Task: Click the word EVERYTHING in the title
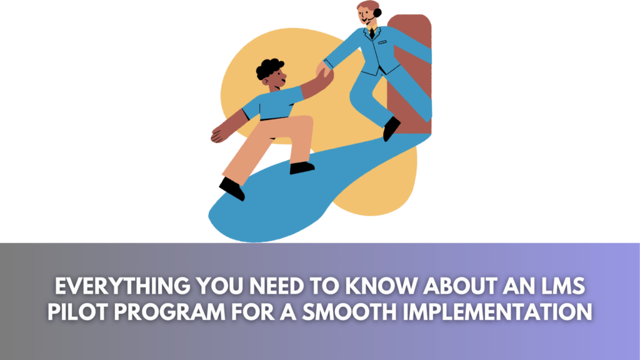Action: pyautogui.click(x=122, y=286)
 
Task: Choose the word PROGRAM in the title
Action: pyautogui.click(x=170, y=312)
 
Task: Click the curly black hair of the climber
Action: pyautogui.click(x=269, y=69)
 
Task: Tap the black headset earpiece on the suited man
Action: pyautogui.click(x=377, y=12)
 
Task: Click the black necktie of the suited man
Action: pyautogui.click(x=372, y=33)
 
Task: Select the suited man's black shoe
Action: pyautogui.click(x=391, y=128)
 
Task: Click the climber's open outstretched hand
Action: pyautogui.click(x=221, y=134)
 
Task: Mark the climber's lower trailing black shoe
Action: pyautogui.click(x=232, y=189)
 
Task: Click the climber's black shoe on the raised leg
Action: pyautogui.click(x=302, y=167)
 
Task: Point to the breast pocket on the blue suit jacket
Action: pyautogui.click(x=382, y=42)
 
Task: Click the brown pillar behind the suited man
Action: pyautogui.click(x=409, y=74)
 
